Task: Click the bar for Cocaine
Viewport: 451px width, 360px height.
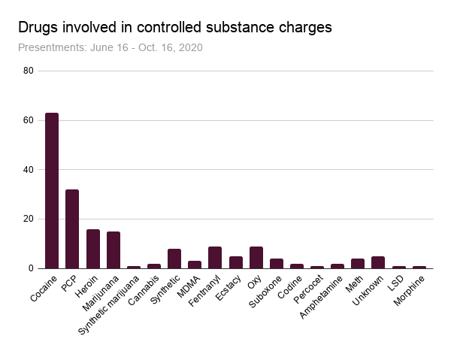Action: pos(52,191)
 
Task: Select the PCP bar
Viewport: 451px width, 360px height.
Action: pos(72,229)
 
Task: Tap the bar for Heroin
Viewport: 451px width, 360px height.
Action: pos(93,249)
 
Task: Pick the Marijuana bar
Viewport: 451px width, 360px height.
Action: pos(114,250)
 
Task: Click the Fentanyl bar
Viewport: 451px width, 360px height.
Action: pos(215,258)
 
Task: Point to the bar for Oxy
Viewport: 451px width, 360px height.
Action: pos(256,258)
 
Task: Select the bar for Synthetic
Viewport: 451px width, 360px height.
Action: pos(174,259)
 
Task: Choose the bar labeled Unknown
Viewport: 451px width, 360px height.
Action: pos(378,262)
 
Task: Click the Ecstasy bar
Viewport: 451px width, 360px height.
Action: pos(235,262)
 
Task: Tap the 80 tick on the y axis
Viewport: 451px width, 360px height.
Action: pos(29,71)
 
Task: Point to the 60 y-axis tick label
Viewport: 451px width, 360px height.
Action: pos(29,120)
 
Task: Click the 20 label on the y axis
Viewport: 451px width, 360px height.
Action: pos(29,219)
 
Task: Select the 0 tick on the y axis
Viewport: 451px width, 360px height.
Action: pos(31,268)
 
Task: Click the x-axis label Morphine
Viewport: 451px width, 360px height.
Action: pos(410,289)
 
